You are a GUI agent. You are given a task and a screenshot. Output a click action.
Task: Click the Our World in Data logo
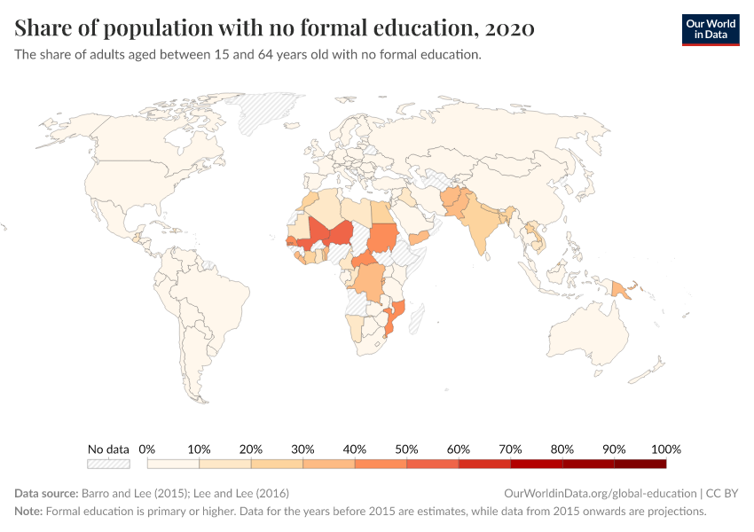click(x=710, y=29)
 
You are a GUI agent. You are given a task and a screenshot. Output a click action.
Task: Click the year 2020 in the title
click(x=509, y=29)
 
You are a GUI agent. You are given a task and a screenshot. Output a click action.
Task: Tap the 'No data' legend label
click(x=108, y=449)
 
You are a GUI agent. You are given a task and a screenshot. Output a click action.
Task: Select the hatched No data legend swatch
click(x=108, y=463)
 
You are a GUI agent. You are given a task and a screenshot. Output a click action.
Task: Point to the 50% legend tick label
click(x=406, y=449)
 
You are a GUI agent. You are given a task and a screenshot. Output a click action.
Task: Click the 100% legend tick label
click(x=665, y=449)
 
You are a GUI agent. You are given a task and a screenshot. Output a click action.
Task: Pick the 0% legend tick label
click(x=147, y=449)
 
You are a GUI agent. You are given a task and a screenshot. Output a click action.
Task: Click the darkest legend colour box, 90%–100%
click(x=640, y=463)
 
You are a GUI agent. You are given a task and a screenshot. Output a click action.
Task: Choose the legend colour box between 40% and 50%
click(x=381, y=463)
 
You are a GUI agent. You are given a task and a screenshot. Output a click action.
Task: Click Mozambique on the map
click(x=394, y=319)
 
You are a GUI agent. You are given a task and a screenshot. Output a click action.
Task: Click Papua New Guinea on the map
click(x=622, y=288)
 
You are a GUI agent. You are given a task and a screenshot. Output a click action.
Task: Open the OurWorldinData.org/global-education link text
click(x=600, y=493)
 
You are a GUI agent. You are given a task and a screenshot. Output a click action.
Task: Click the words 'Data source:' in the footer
click(x=46, y=493)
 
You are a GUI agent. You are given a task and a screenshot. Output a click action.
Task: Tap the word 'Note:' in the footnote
click(x=28, y=512)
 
